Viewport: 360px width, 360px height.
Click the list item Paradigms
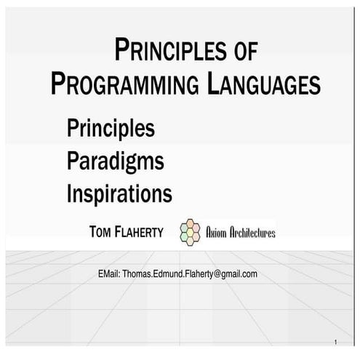pyautogui.click(x=115, y=161)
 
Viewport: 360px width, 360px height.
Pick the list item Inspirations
pyautogui.click(x=119, y=194)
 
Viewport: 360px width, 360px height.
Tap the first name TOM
pyautogui.click(x=100, y=232)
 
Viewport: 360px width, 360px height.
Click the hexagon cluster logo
pyautogui.click(x=191, y=231)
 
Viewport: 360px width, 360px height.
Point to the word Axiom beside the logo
pyautogui.click(x=217, y=233)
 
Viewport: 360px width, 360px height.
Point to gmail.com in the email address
pyautogui.click(x=240, y=274)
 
